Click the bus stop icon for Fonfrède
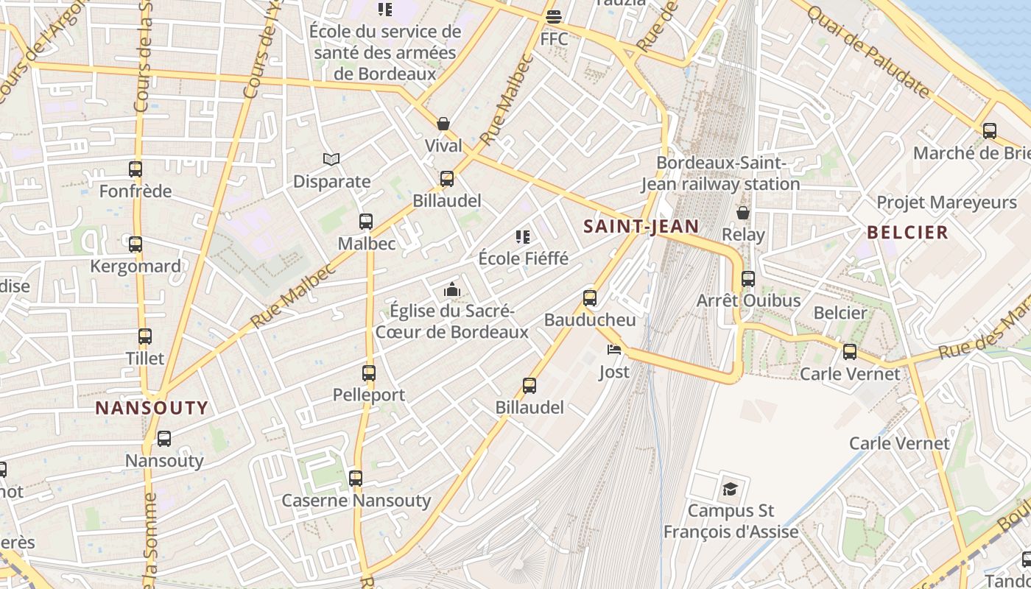(136, 169)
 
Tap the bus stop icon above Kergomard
(136, 244)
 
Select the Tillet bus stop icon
(145, 336)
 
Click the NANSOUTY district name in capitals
(152, 408)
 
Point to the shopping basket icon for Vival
(443, 124)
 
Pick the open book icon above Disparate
(331, 159)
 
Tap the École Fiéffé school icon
(523, 237)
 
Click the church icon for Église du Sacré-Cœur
(452, 290)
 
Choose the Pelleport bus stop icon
(369, 373)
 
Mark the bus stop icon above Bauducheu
(590, 298)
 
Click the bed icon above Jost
(613, 350)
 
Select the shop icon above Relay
(743, 213)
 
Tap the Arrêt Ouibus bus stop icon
(748, 279)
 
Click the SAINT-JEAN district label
(641, 226)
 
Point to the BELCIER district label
(907, 233)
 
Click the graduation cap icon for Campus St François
(730, 489)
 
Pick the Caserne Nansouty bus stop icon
(356, 479)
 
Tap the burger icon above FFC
(554, 16)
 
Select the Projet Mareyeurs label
(946, 202)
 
